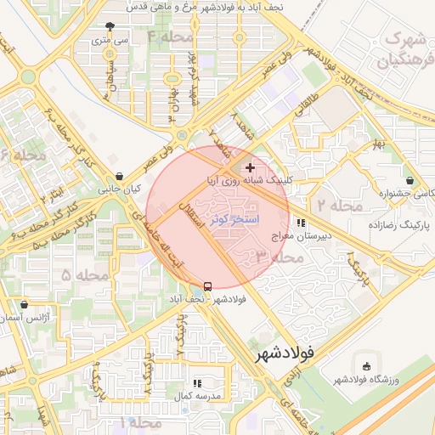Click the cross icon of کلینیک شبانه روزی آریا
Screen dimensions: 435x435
coord(249,168)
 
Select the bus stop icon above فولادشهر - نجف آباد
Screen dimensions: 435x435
coord(208,285)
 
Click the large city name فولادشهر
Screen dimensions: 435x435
coord(285,351)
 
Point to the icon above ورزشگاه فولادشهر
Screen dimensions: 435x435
coord(366,366)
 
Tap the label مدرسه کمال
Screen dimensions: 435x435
coord(197,397)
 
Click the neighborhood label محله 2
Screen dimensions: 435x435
coord(340,205)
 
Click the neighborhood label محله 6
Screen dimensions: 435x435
coord(23,155)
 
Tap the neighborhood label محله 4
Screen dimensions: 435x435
coord(169,37)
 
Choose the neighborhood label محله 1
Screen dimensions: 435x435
coord(140,422)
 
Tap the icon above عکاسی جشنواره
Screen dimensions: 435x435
coord(410,181)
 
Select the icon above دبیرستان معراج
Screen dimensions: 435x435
coord(301,223)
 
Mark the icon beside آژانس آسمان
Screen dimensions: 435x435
coord(23,303)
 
